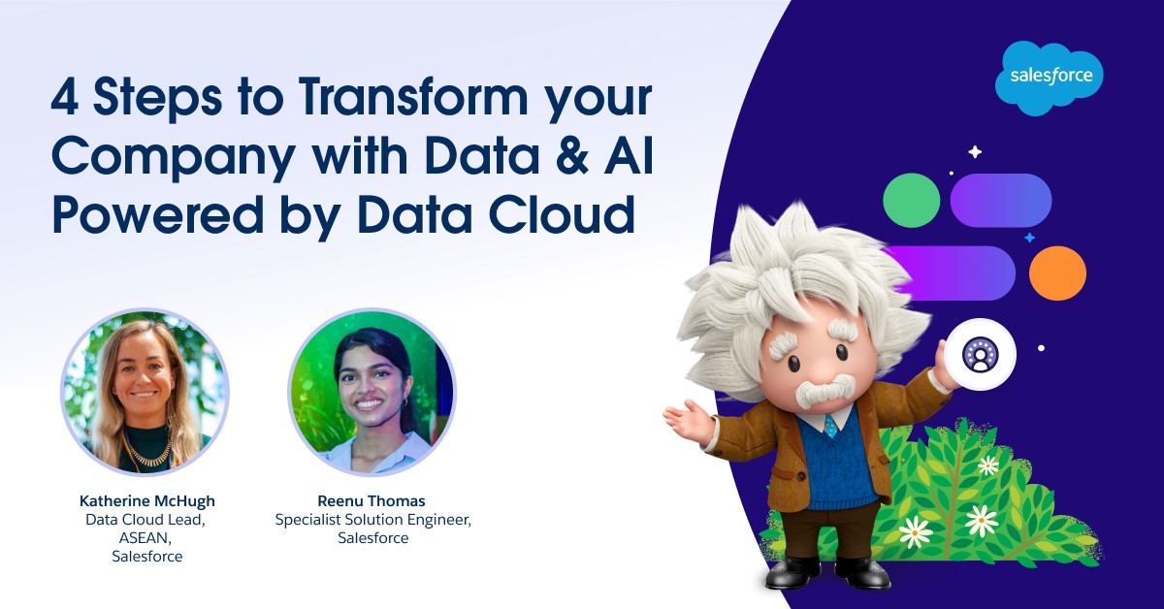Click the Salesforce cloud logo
click(x=1049, y=78)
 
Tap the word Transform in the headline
click(x=413, y=97)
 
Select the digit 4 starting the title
click(x=65, y=97)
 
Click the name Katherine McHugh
click(x=147, y=501)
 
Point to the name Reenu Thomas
click(x=371, y=501)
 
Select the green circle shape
click(x=912, y=200)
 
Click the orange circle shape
click(x=1057, y=273)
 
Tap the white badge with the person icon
click(x=980, y=354)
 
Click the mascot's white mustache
click(x=825, y=390)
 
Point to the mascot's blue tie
click(x=831, y=426)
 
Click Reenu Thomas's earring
click(x=405, y=401)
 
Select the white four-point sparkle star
click(x=975, y=151)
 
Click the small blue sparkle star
click(x=1029, y=238)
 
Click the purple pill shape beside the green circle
click(x=1001, y=200)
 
